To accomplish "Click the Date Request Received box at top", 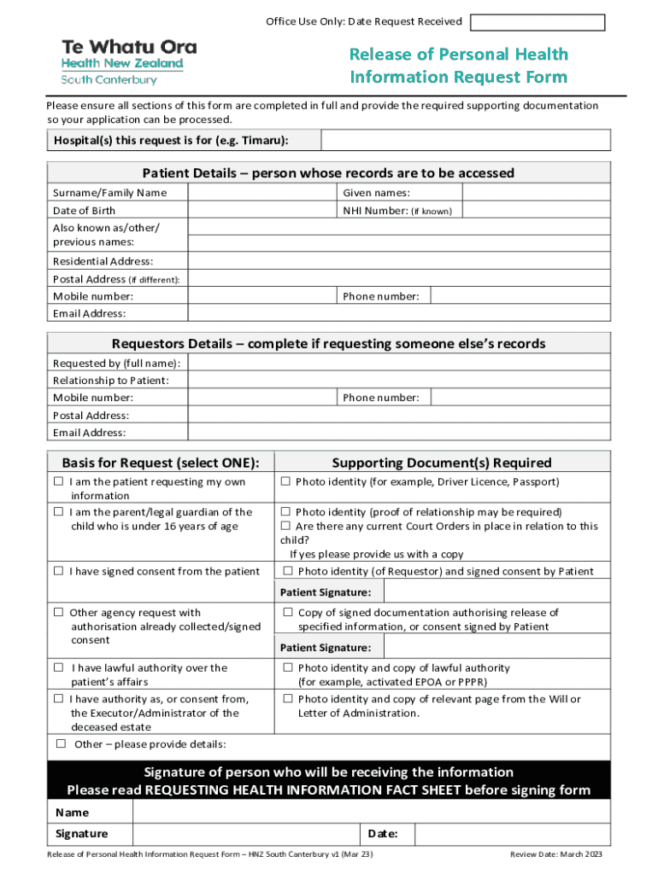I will pos(538,22).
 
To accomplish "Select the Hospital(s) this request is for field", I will pos(465,140).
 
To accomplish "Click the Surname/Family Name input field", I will pos(261,193).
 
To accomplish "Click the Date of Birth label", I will pos(84,211).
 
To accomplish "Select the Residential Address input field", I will pos(398,261).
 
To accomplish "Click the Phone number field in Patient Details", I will pos(520,296).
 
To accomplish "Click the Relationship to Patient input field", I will pos(398,380).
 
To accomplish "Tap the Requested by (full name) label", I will pos(116,363).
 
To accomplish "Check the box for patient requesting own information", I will pos(59,482).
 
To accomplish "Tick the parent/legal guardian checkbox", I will pos(59,512).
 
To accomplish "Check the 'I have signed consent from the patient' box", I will pos(59,571).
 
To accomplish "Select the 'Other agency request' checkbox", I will pos(59,612).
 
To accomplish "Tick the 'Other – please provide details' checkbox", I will pos(62,743).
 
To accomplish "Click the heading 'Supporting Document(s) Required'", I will pos(441,463).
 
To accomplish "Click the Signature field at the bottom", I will pos(244,834).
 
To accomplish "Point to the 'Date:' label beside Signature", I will pos(380,834).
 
